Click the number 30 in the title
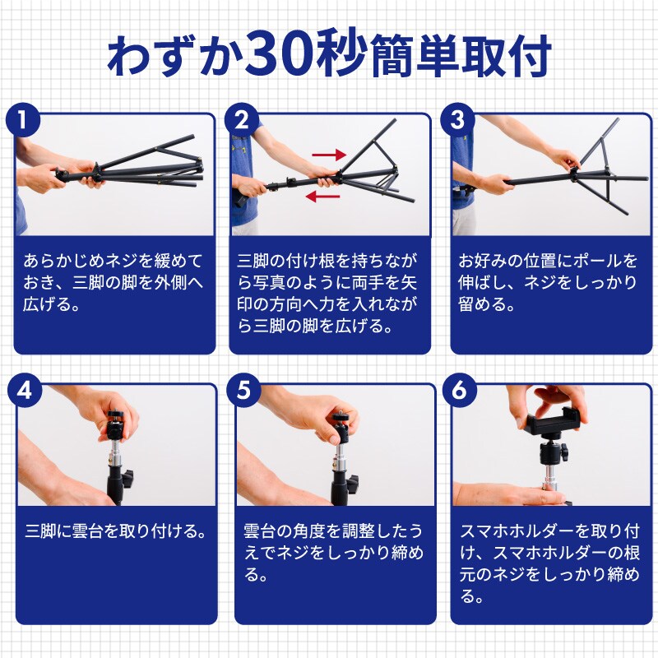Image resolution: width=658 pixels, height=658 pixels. (279, 55)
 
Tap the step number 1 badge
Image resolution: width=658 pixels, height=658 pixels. (23, 120)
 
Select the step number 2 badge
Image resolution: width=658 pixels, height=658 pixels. (242, 120)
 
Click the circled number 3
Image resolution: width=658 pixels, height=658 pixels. (457, 120)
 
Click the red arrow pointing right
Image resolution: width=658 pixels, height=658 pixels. (329, 155)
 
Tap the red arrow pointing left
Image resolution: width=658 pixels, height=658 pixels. (322, 196)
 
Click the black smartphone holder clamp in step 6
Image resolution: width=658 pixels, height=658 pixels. (553, 423)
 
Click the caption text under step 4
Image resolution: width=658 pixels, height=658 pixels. (116, 531)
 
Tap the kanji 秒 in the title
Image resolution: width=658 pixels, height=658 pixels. (340, 55)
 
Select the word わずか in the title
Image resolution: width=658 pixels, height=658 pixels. (176, 56)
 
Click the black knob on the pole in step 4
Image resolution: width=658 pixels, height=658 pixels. (127, 478)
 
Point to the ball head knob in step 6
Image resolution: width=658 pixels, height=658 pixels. (564, 452)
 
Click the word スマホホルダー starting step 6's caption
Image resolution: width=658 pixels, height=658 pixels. (517, 531)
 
